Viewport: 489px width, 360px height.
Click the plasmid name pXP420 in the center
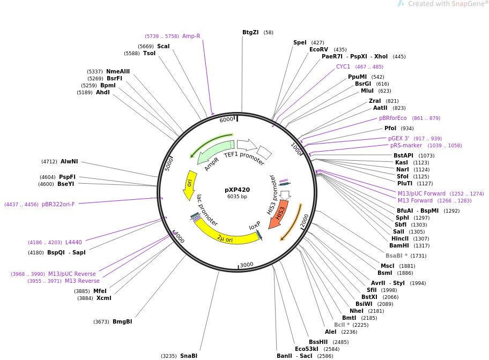(x=237, y=190)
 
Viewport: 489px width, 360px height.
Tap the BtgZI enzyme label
(x=250, y=32)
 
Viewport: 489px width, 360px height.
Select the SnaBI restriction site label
(x=189, y=356)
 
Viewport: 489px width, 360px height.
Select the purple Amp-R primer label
(x=191, y=36)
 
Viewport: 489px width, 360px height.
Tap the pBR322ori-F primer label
(x=58, y=204)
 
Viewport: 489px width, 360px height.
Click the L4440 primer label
(x=73, y=242)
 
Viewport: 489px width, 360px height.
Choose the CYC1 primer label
(x=343, y=67)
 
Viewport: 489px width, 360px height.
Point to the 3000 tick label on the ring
(x=246, y=265)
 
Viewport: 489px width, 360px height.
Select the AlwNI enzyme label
(x=69, y=161)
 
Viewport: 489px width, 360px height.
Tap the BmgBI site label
(x=122, y=321)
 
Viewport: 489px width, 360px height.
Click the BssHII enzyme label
(x=318, y=342)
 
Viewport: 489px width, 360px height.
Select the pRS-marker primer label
(x=406, y=145)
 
